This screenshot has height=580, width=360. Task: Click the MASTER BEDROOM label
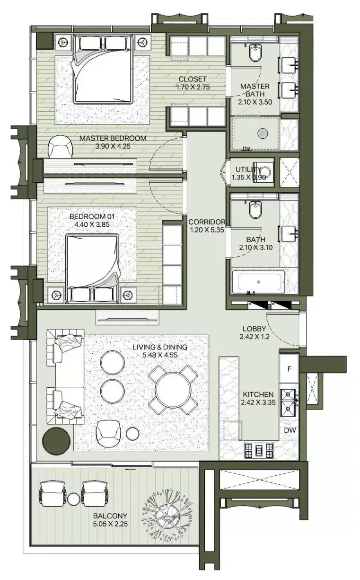(x=113, y=138)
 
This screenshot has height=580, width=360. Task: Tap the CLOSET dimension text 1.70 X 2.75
(x=193, y=87)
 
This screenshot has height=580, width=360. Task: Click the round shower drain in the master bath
(x=263, y=134)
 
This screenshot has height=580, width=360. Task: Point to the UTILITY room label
(x=248, y=170)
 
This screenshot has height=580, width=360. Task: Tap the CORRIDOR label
(x=207, y=222)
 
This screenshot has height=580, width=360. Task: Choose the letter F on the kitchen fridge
(x=290, y=369)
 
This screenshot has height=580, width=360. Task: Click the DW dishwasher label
(x=290, y=430)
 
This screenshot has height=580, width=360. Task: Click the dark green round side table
(x=56, y=441)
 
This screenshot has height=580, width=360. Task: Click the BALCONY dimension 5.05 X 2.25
(x=110, y=524)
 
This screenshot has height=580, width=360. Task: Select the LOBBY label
(x=254, y=329)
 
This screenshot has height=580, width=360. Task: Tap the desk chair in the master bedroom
(x=60, y=147)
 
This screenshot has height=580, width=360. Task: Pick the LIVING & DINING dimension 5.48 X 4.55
(x=160, y=355)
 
